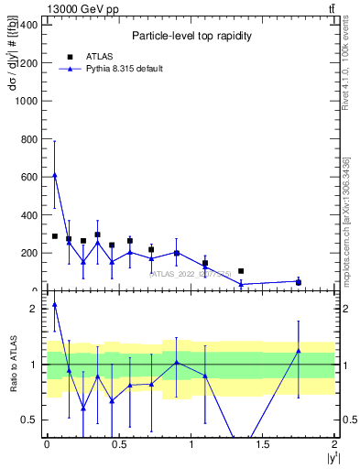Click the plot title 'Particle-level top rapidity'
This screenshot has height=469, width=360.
pos(191,36)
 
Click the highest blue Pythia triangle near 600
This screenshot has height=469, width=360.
pos(55,175)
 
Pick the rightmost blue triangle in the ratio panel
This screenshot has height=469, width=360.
pos(299,351)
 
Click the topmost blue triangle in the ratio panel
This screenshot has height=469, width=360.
pos(55,304)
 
